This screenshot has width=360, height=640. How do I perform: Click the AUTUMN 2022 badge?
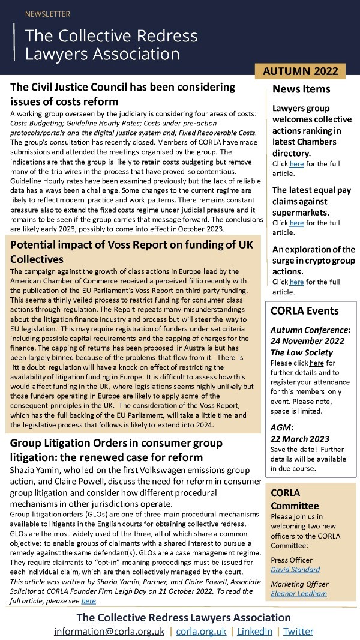tap(301, 71)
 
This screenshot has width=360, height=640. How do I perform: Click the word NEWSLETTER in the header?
tap(47, 14)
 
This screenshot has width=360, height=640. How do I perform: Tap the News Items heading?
tap(301, 89)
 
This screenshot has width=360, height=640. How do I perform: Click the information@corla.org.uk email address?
tap(110, 632)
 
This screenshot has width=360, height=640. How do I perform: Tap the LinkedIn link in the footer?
tap(254, 632)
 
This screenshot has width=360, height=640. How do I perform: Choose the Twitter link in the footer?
tap(298, 632)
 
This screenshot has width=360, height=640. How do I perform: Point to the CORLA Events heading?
tap(304, 311)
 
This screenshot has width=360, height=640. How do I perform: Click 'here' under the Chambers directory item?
tap(297, 164)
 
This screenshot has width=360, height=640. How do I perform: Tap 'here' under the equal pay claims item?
tap(297, 223)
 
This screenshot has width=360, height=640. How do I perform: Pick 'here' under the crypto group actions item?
tap(297, 282)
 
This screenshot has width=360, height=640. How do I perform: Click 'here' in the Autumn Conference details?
tap(316, 364)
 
